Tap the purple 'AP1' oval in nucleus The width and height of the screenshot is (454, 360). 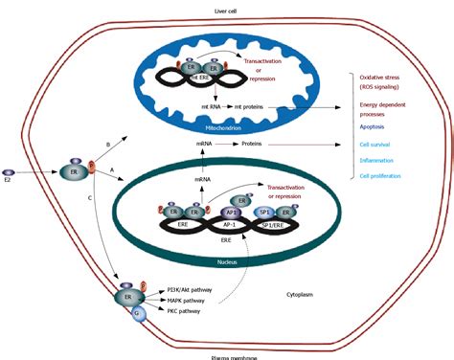232,214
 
